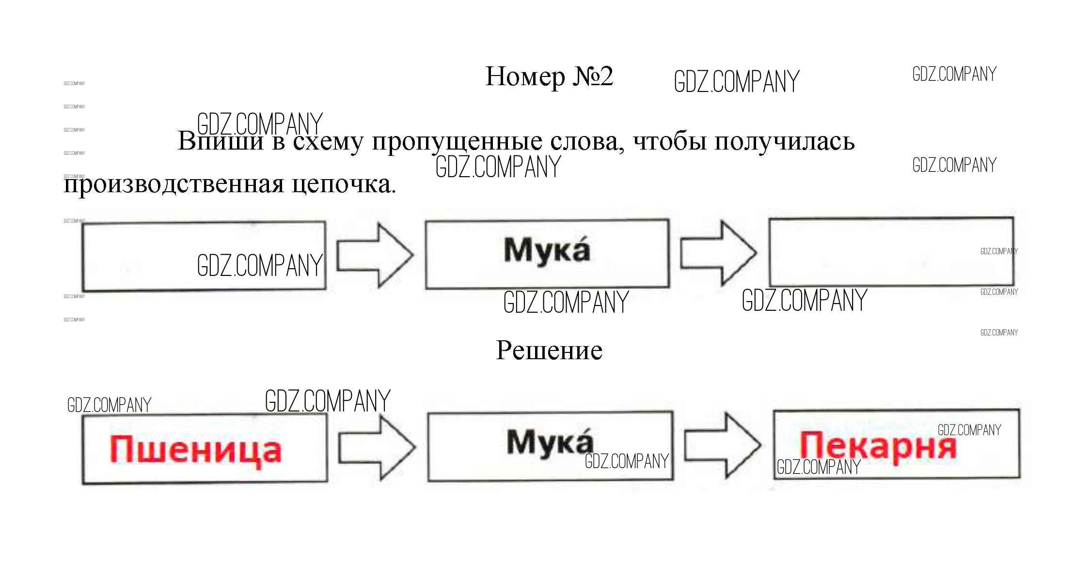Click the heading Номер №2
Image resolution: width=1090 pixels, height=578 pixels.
pos(549,76)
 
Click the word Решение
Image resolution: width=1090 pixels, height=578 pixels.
pos(549,350)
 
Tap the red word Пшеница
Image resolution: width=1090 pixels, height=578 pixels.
pos(195,450)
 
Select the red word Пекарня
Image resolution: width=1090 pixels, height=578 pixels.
pos(878,446)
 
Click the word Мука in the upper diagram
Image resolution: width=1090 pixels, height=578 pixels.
pos(547,250)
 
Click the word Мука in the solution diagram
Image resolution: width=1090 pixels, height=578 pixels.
pos(550,441)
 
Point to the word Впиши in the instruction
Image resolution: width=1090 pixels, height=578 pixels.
pos(221,141)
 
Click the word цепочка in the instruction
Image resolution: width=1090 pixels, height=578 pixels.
pos(344,184)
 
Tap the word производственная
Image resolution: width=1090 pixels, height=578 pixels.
pos(174,184)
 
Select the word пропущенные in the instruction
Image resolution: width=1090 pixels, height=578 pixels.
pos(457,141)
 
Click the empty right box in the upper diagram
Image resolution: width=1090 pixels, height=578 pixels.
pos(891,252)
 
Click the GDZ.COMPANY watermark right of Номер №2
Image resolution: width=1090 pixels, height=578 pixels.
pos(736,81)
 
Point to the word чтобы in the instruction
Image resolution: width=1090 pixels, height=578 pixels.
pos(669,141)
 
